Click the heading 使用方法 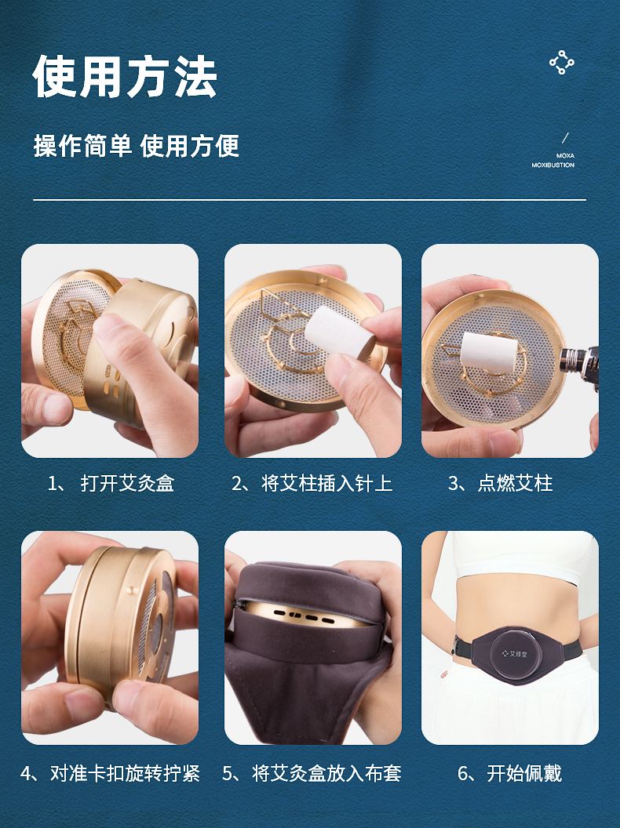[x=125, y=77]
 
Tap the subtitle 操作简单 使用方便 [x=137, y=146]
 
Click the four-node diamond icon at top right [x=561, y=63]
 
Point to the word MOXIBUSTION [x=553, y=165]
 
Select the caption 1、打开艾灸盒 [x=111, y=483]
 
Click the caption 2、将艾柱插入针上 [x=312, y=483]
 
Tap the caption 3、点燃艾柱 [x=501, y=483]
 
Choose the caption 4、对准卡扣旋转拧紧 [x=110, y=774]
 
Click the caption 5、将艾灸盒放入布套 [x=312, y=774]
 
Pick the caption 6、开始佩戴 [x=509, y=774]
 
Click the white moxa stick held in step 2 [x=338, y=331]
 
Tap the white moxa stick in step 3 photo [x=487, y=352]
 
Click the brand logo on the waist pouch [x=514, y=654]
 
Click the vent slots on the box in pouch [x=303, y=616]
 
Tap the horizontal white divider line [x=310, y=200]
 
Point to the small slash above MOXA [x=565, y=138]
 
